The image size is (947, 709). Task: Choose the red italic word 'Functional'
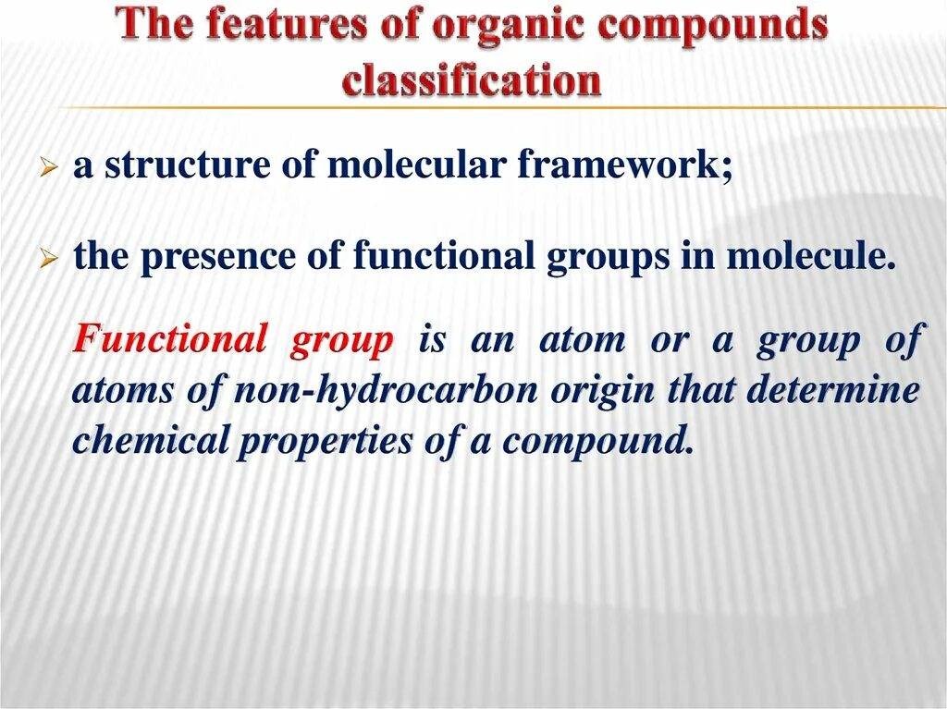click(169, 339)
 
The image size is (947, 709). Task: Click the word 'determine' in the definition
click(832, 390)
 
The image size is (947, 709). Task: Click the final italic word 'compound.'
click(597, 442)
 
